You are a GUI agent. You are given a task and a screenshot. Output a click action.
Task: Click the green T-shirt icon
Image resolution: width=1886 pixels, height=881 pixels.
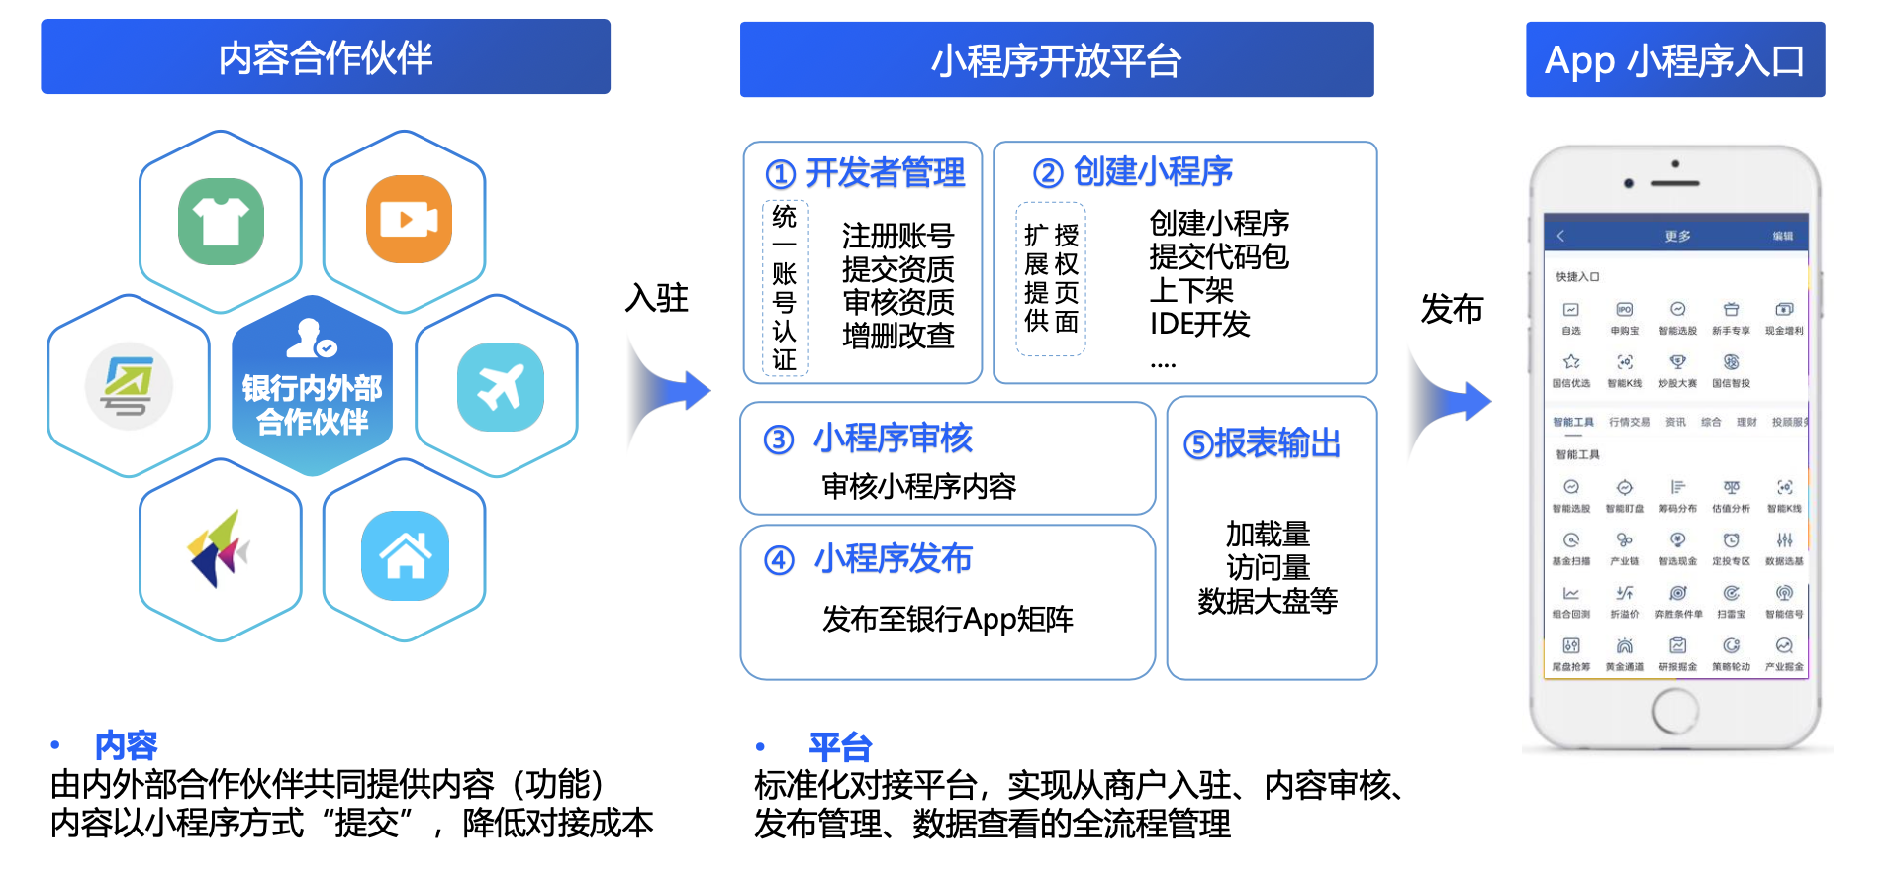[x=221, y=221]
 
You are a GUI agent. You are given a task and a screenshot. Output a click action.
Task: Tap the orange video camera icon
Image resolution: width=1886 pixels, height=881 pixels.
[x=409, y=219]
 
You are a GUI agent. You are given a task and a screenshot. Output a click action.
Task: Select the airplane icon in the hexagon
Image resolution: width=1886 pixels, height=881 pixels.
[x=500, y=387]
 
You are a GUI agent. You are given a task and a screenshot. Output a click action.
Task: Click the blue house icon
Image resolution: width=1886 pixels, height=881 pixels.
[x=405, y=555]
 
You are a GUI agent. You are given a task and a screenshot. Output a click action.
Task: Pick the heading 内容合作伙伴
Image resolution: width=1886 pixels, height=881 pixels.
[x=326, y=57]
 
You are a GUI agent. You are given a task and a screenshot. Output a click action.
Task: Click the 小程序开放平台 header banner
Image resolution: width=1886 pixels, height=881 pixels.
[x=1056, y=60]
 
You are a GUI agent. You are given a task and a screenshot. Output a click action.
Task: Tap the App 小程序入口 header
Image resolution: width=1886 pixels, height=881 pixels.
[x=1674, y=60]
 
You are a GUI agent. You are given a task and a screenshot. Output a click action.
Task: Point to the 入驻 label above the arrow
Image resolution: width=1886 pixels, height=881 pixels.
[x=657, y=297]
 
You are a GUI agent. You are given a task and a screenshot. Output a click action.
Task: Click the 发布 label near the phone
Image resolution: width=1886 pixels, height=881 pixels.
[x=1452, y=309]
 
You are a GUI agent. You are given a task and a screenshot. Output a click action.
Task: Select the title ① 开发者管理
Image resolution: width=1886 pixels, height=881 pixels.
[x=865, y=173]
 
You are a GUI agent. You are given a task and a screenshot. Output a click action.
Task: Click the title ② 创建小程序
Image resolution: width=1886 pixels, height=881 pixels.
[x=1133, y=172]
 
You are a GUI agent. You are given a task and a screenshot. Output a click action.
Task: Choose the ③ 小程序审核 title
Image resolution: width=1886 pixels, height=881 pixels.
[x=868, y=438]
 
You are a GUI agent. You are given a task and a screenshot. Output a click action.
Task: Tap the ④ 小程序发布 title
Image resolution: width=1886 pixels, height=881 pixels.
[x=868, y=559]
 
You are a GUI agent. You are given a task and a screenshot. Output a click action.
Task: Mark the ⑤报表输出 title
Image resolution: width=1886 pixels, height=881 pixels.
[x=1262, y=443]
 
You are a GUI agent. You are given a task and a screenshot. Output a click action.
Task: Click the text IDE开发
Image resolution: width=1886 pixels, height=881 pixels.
[x=1199, y=324]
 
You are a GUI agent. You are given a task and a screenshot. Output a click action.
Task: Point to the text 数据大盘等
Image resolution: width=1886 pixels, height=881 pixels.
[x=1268, y=601]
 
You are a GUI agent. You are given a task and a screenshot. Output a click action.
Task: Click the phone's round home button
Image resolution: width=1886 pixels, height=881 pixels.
[x=1674, y=710]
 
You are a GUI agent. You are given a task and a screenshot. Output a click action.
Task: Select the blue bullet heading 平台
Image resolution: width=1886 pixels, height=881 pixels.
[x=840, y=746]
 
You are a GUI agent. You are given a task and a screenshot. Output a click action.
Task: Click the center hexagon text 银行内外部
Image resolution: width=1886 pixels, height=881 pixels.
[x=312, y=388]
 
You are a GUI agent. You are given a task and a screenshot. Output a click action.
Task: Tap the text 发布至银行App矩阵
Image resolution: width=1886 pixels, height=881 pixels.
[x=947, y=620]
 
